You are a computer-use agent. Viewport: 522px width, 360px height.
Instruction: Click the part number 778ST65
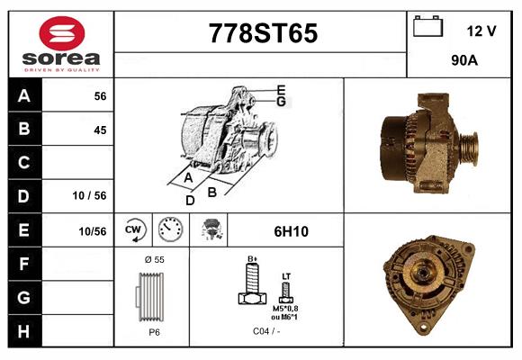point(263,34)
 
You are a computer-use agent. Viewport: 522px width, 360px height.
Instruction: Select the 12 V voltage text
point(481,31)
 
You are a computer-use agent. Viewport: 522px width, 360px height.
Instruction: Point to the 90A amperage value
point(464,61)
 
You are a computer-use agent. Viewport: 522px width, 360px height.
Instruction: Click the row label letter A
point(24,96)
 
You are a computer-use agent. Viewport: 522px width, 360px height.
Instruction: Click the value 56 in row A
point(99,96)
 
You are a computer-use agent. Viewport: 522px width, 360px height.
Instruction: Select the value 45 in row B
point(99,130)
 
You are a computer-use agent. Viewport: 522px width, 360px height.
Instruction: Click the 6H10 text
point(290,231)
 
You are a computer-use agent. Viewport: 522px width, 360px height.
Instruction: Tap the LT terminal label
point(286,276)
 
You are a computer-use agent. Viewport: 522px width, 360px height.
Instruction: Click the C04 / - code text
point(266,332)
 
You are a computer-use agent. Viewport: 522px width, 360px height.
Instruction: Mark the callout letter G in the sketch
point(281,102)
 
